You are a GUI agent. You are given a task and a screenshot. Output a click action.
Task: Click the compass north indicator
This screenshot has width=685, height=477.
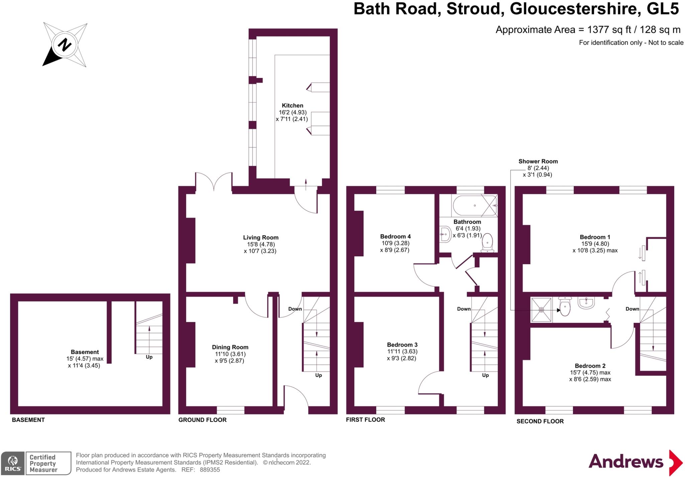pyautogui.click(x=65, y=44)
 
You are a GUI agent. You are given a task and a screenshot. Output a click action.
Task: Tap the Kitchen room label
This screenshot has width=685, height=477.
pyautogui.click(x=292, y=106)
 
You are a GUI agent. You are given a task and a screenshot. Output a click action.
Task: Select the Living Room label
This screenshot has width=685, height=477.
pyautogui.click(x=261, y=238)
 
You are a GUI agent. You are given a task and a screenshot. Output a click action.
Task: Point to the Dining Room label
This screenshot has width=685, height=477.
pyautogui.click(x=230, y=347)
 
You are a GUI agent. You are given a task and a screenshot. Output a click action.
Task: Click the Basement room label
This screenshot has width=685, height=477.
pyautogui.click(x=85, y=352)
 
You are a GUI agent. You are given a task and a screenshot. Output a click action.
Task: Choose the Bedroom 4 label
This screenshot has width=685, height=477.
pyautogui.click(x=395, y=237)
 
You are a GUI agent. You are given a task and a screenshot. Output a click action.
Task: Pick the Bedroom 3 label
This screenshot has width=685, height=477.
pyautogui.click(x=402, y=345)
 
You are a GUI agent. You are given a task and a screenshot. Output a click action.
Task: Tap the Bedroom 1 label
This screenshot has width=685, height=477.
pyautogui.click(x=595, y=237)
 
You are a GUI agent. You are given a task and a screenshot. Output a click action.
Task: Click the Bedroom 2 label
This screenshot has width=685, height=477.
pyautogui.click(x=590, y=366)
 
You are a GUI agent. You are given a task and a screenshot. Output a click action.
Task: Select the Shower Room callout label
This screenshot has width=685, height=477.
pyautogui.click(x=538, y=161)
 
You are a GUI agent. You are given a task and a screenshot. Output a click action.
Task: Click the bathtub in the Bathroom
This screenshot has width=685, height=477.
pyautogui.click(x=474, y=206)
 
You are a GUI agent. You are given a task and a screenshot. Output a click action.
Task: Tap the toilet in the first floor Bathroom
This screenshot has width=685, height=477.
pyautogui.click(x=487, y=243)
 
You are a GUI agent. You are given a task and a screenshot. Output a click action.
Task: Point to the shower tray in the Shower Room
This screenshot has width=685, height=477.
pyautogui.click(x=541, y=310)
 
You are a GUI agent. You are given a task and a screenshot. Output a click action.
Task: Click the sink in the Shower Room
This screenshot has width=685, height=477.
pyautogui.click(x=587, y=303)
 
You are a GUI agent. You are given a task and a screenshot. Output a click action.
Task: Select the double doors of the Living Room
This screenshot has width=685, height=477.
pyautogui.click(x=214, y=182)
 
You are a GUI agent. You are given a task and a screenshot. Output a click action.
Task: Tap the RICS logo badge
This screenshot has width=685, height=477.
pyautogui.click(x=13, y=463)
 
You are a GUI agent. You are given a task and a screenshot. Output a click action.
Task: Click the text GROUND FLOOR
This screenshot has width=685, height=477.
pyautogui.click(x=202, y=420)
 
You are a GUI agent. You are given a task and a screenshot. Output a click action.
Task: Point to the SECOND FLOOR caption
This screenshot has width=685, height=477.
pyautogui.click(x=540, y=421)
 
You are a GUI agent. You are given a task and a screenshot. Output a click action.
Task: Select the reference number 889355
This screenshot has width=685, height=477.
pyautogui.click(x=210, y=470)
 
